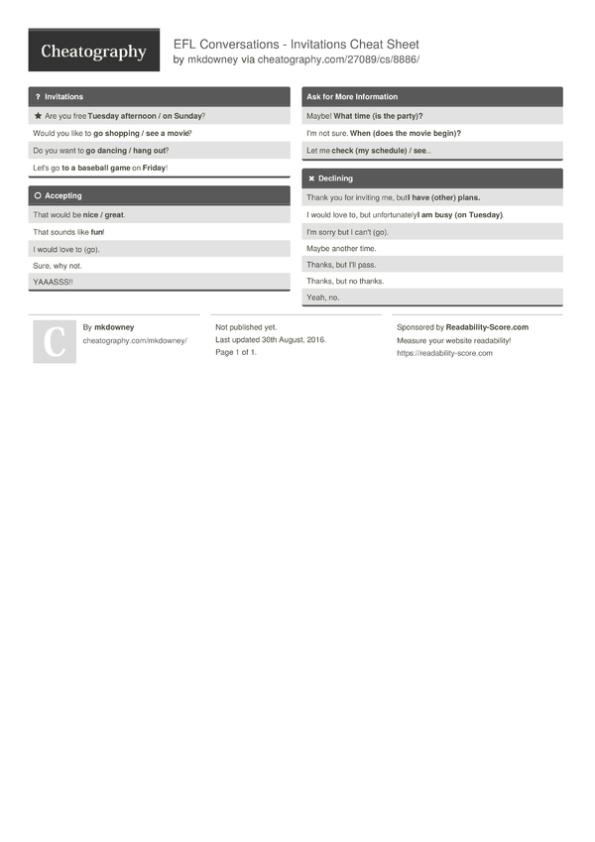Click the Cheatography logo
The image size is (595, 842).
(93, 52)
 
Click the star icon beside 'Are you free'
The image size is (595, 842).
(38, 115)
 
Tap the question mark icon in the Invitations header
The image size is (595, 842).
(38, 97)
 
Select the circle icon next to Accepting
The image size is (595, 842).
(38, 196)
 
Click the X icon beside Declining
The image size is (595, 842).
(311, 179)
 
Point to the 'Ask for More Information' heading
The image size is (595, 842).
(352, 97)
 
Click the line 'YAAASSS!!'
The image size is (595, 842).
(53, 282)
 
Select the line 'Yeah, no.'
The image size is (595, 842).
(323, 298)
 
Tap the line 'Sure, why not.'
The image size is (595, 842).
(58, 266)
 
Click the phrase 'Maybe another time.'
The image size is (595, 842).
(341, 248)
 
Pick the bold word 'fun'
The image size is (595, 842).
(97, 232)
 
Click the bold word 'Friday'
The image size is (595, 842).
(154, 169)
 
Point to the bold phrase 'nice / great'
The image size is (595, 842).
(104, 214)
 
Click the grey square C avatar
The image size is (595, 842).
(55, 341)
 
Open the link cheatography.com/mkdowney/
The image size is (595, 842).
(135, 340)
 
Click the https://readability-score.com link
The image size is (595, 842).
(444, 353)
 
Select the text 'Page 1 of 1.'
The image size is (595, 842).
(236, 352)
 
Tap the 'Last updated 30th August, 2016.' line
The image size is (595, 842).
(271, 339)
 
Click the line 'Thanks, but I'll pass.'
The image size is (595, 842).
(341, 265)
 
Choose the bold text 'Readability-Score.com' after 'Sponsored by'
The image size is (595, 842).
(487, 327)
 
